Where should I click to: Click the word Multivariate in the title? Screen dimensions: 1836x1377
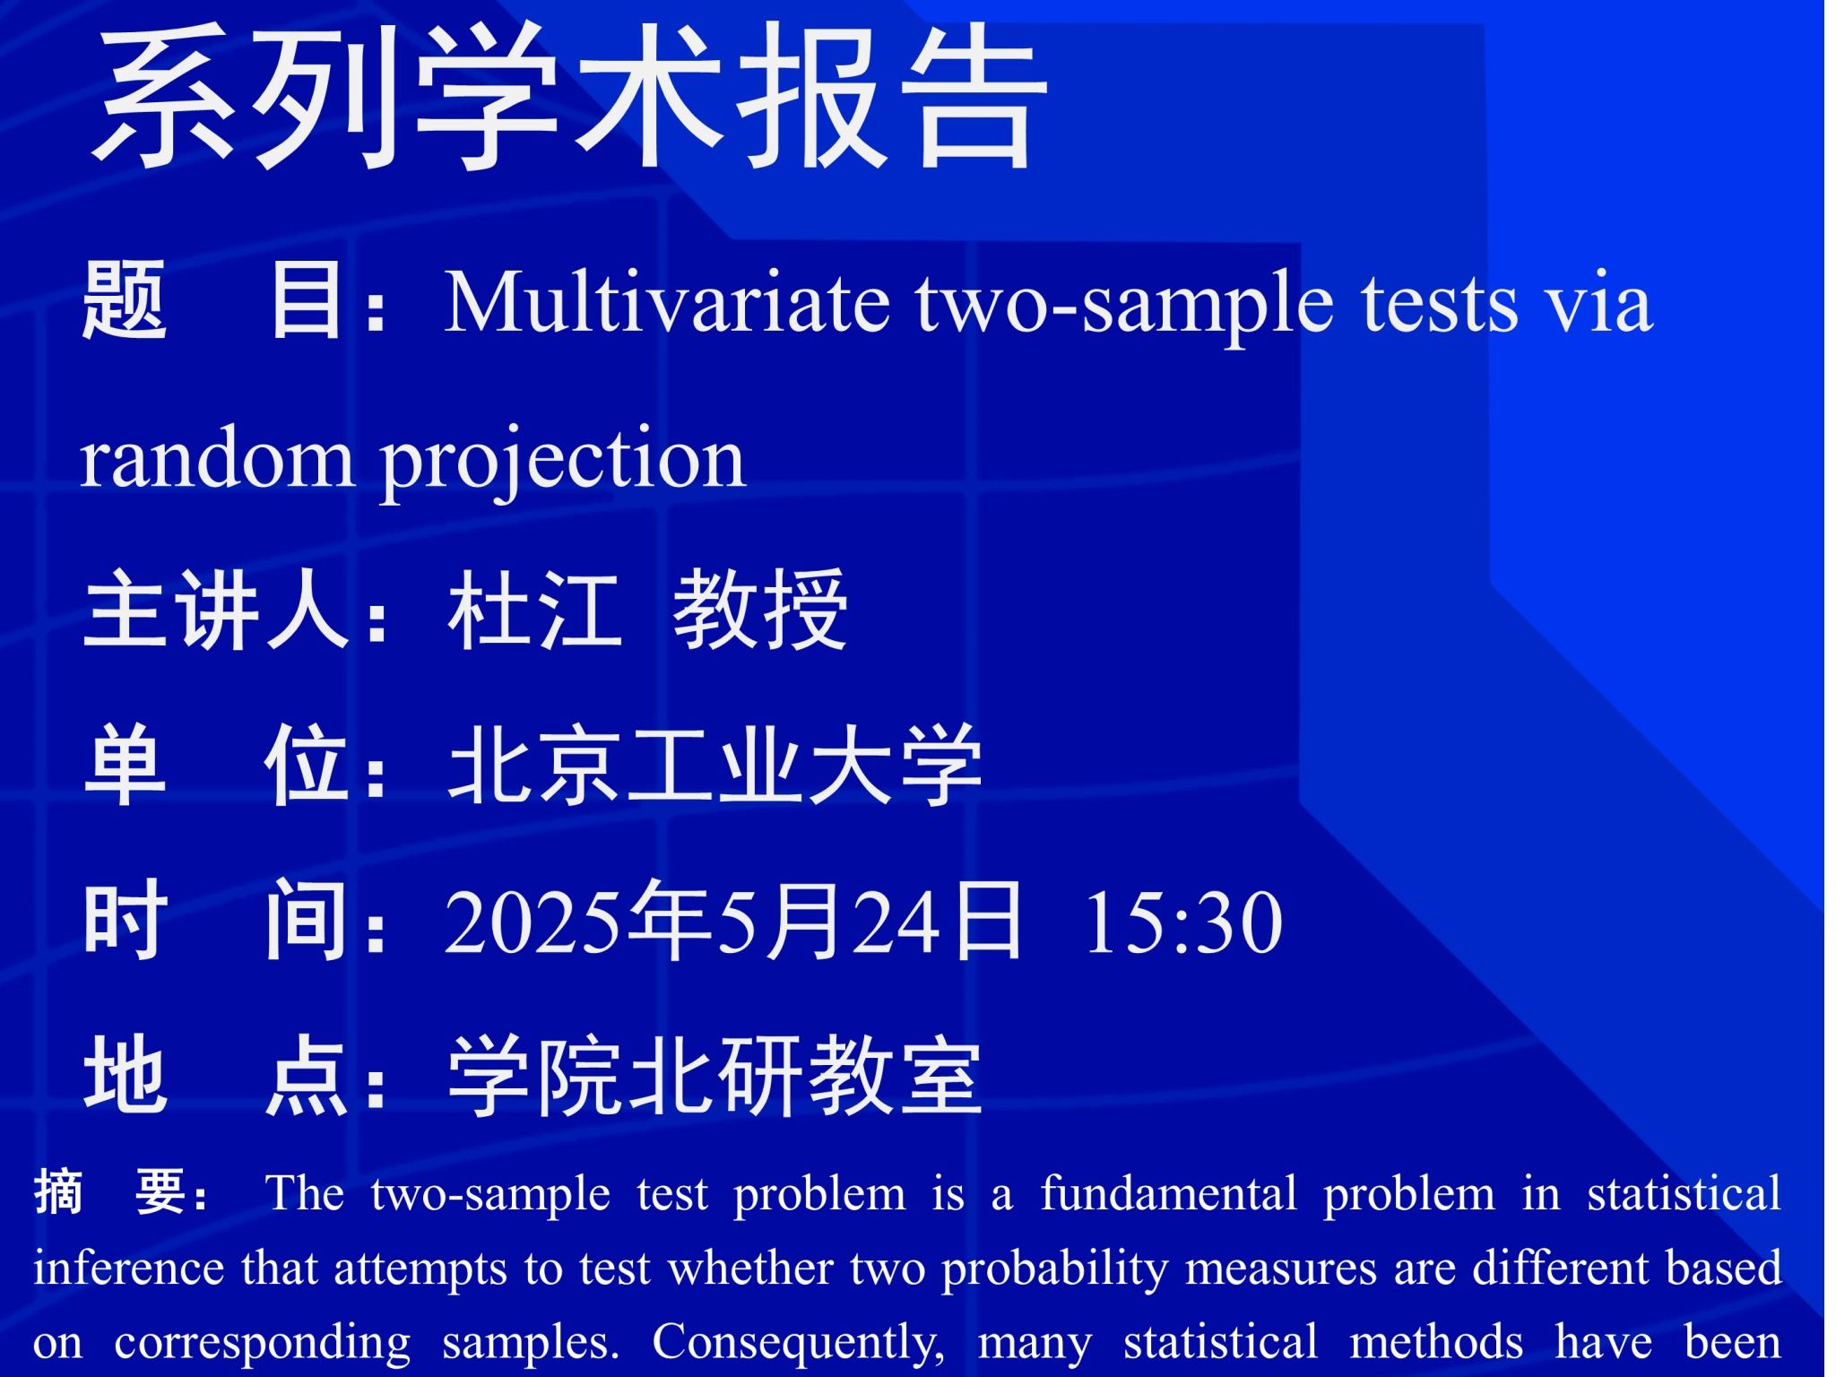click(667, 302)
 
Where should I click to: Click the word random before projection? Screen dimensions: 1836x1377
click(216, 457)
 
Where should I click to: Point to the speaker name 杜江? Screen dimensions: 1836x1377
click(535, 611)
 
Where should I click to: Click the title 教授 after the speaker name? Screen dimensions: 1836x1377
click(760, 611)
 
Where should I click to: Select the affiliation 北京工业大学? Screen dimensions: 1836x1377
click(715, 766)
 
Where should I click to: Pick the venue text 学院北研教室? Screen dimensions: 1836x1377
click(715, 1076)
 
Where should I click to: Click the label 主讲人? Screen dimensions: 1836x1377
click(215, 611)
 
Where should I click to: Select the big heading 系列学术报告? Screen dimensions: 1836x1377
click(570, 96)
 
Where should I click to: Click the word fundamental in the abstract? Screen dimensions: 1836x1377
click(1168, 1193)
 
